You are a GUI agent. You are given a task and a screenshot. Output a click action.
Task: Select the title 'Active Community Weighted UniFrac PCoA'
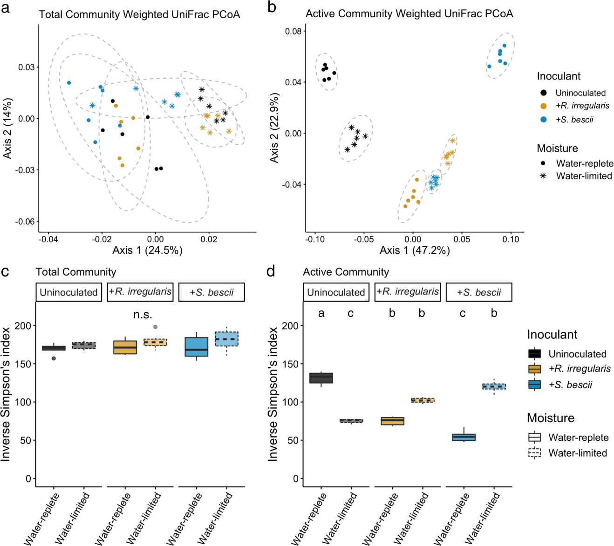[x=409, y=13]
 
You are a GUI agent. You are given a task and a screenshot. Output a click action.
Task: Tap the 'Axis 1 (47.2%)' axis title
[x=415, y=250]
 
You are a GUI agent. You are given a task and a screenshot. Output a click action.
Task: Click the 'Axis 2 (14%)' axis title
[x=7, y=128]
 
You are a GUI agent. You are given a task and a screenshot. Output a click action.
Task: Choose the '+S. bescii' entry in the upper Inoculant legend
[x=574, y=120]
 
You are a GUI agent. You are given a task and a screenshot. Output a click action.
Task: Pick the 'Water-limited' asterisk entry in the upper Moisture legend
[x=584, y=176]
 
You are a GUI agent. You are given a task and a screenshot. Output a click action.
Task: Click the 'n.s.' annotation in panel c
[x=143, y=315]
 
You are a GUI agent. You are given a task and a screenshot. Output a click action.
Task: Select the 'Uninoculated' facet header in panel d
[x=336, y=292]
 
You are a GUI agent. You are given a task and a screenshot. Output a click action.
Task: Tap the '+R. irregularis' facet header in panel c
[x=140, y=292]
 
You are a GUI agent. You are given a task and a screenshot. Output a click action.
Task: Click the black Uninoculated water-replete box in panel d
[x=321, y=378]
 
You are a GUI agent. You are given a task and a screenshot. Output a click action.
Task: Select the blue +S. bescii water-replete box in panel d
[x=464, y=437]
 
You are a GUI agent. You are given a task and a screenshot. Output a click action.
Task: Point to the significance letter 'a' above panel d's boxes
[x=321, y=313]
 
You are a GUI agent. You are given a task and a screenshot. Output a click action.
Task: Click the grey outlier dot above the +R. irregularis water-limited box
[x=155, y=327]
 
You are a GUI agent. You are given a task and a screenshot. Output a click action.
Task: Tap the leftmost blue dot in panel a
[x=69, y=83]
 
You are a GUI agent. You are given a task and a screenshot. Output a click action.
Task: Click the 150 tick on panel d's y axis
[x=290, y=364]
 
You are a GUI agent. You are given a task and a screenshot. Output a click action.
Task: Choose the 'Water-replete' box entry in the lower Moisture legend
[x=578, y=438]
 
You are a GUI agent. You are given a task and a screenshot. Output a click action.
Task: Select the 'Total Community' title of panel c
[x=76, y=272]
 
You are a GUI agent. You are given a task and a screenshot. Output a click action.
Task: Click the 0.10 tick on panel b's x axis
[x=511, y=239]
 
